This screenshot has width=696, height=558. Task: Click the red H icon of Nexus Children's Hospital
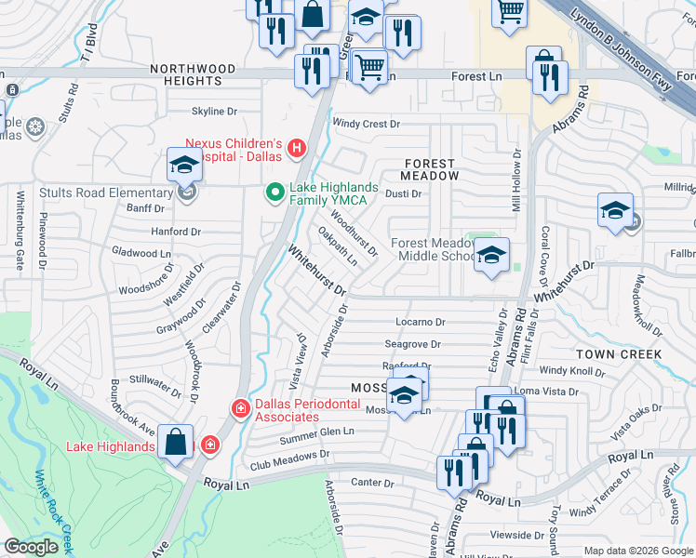[x=297, y=148]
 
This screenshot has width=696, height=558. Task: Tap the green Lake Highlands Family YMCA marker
[x=274, y=193]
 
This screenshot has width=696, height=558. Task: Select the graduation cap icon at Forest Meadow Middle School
[x=490, y=255]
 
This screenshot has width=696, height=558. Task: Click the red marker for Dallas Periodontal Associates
[x=240, y=408]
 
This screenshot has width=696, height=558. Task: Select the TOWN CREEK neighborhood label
[x=618, y=354]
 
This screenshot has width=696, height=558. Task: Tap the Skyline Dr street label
[x=214, y=112]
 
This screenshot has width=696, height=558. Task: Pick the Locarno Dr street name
[x=421, y=322]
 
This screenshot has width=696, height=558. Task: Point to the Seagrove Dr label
[x=412, y=343]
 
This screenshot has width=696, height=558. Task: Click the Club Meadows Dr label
[x=288, y=463]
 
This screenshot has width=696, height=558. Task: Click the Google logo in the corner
[x=31, y=547]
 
